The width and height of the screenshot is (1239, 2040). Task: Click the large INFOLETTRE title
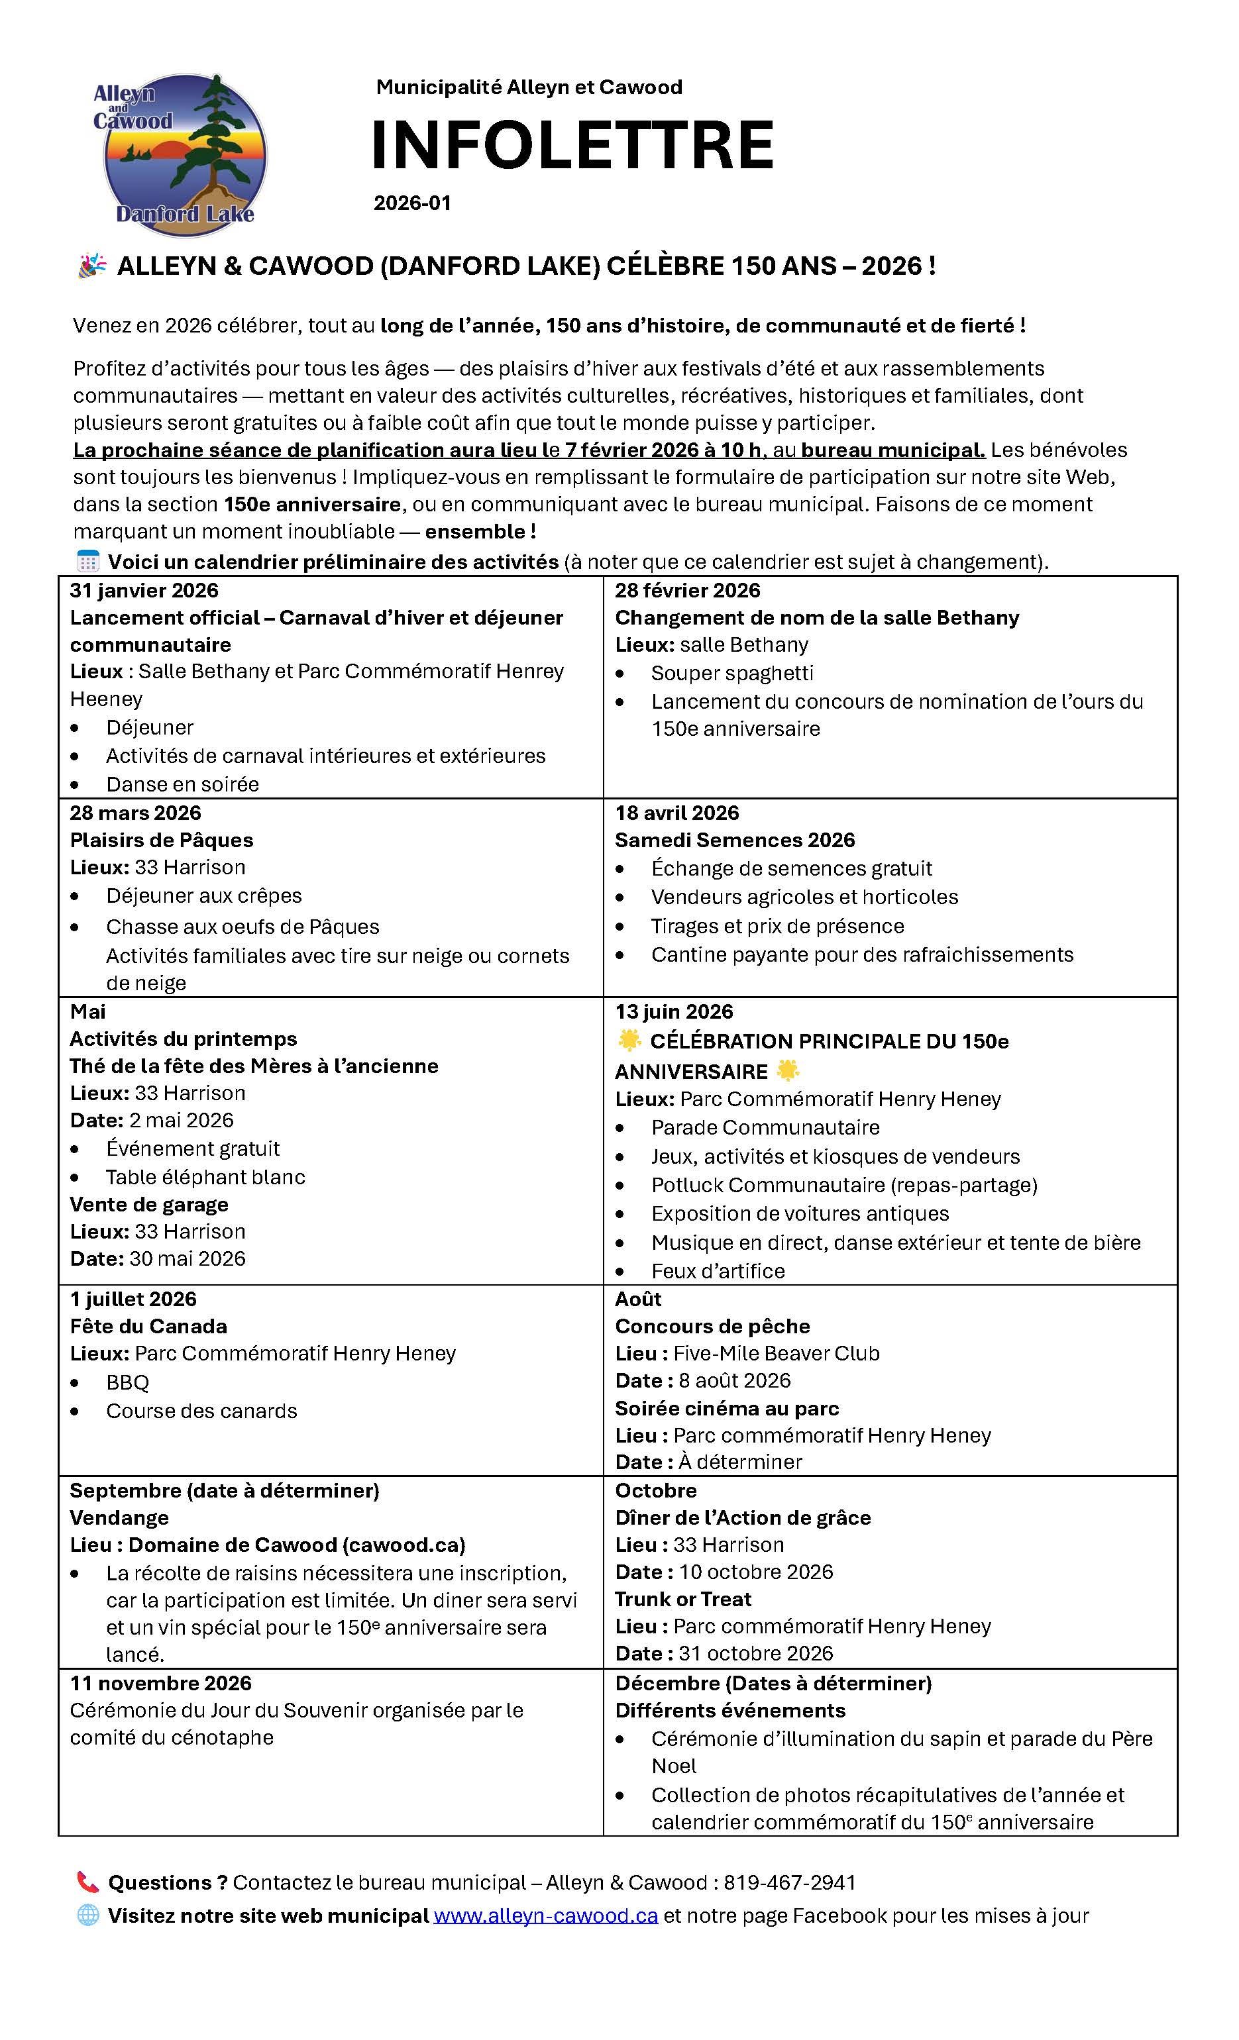click(x=571, y=145)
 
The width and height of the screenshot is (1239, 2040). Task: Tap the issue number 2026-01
click(x=411, y=203)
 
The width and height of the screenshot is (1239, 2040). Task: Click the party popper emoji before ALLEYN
click(x=92, y=266)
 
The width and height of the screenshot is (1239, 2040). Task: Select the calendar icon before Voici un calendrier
click(x=87, y=562)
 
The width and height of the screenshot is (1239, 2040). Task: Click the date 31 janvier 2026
click(x=144, y=590)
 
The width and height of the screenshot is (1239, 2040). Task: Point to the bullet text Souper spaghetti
click(x=732, y=673)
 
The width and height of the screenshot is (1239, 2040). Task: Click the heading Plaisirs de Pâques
click(x=162, y=840)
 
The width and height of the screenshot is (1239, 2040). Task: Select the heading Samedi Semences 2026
click(x=735, y=840)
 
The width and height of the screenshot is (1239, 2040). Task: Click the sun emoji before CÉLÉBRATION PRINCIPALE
click(x=630, y=1041)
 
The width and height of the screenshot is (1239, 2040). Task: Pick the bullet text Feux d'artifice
click(x=718, y=1271)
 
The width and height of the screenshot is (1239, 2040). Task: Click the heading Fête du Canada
click(x=148, y=1326)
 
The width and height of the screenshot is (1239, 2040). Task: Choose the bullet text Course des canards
click(x=201, y=1411)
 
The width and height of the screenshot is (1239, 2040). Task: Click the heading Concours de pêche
click(x=712, y=1326)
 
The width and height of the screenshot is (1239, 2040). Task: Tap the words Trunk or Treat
click(x=683, y=1599)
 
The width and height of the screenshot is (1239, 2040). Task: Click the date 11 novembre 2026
click(x=160, y=1683)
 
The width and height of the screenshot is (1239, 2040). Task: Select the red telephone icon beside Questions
click(x=87, y=1882)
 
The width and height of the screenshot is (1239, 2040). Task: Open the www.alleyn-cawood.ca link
click(x=546, y=1915)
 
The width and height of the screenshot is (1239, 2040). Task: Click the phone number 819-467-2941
click(x=789, y=1882)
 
